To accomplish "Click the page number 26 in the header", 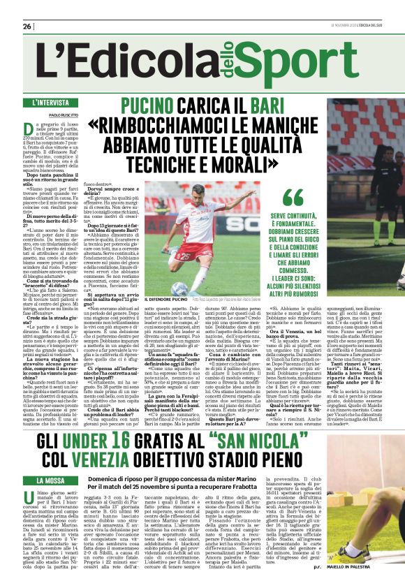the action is click(x=27, y=27).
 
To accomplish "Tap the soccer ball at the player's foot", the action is click(x=179, y=289).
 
